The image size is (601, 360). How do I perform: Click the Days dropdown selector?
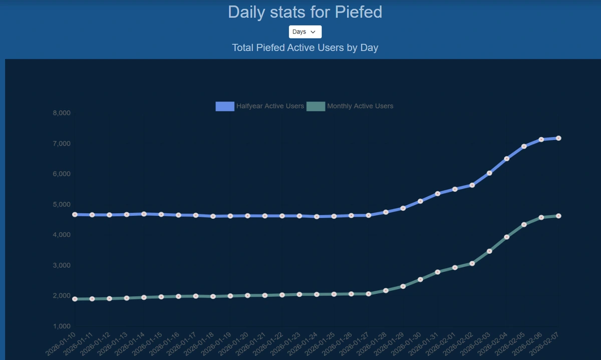point(305,32)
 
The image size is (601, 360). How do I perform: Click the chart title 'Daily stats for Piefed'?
point(305,12)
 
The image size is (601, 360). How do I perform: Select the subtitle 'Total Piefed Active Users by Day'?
point(305,48)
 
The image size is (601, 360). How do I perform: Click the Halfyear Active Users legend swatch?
point(225,106)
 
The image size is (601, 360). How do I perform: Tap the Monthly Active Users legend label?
point(360,106)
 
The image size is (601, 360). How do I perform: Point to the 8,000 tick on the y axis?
point(62,113)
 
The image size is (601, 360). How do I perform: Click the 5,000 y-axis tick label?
point(62,204)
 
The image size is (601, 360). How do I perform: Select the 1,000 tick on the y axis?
point(62,326)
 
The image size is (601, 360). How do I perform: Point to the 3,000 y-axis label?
point(62,265)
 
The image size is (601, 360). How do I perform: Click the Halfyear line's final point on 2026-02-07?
point(558,138)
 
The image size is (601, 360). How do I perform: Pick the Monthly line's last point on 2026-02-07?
point(558,216)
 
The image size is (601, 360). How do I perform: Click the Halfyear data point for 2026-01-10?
point(75,214)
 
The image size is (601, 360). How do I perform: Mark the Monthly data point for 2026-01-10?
point(75,299)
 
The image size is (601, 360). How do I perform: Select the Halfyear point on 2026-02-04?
point(507,159)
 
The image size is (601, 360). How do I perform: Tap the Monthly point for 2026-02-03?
point(489,251)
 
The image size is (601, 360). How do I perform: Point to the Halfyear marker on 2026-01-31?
point(438,193)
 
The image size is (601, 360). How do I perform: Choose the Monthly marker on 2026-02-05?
point(524,224)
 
